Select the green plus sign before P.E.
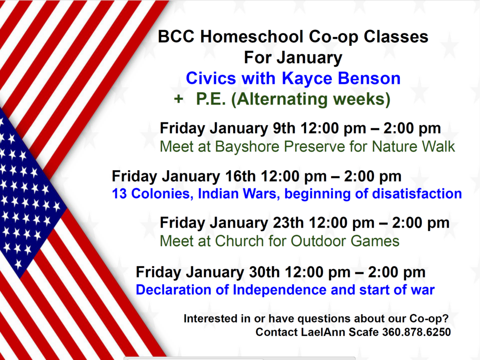tap(179, 99)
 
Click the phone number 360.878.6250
tap(416, 332)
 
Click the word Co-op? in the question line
tap(429, 319)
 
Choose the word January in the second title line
tap(309, 58)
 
